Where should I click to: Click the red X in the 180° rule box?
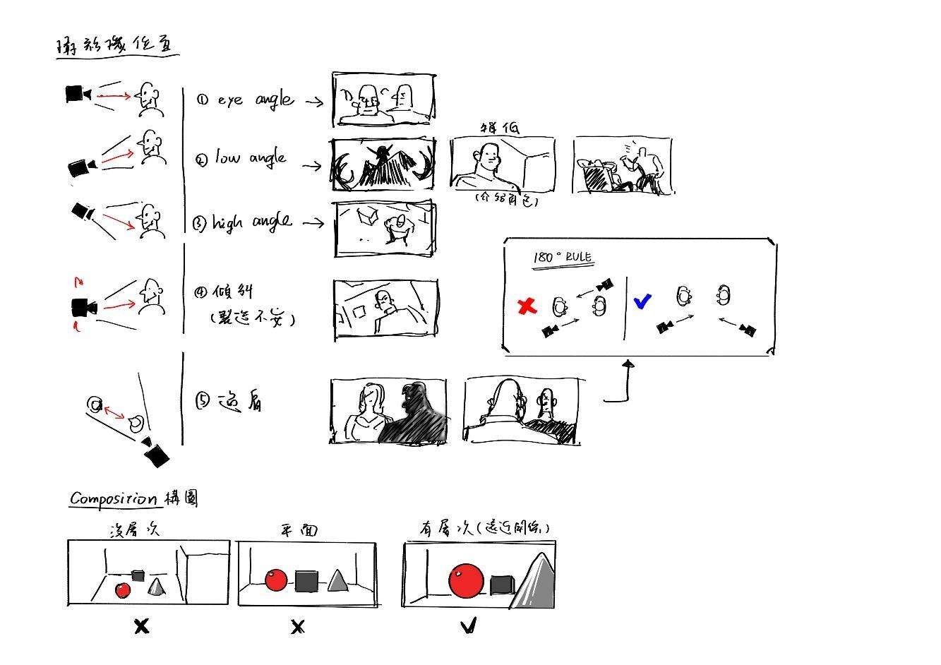point(527,306)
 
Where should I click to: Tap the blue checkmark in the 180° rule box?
point(642,301)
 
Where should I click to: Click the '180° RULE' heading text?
point(563,257)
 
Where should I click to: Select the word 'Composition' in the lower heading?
point(113,498)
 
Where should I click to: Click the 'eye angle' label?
point(254,100)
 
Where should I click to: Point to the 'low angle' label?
point(251,157)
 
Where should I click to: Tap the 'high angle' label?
point(252,222)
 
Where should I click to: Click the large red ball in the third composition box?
point(466,580)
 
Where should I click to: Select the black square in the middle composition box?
point(306,581)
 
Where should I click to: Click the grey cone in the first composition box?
point(156,587)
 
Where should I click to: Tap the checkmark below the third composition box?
point(469,625)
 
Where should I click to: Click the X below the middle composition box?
point(298,626)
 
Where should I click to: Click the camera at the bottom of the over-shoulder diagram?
point(156,455)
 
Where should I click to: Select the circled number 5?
point(203,401)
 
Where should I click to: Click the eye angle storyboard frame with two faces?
point(383,100)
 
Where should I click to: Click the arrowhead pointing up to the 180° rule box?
point(628,364)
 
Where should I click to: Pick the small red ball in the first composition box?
point(123,590)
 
